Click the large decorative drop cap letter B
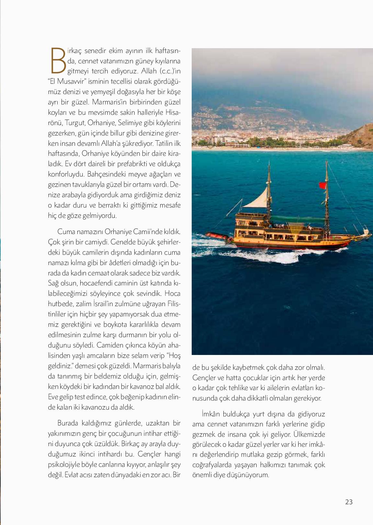(x=58, y=60)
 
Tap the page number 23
(x=349, y=502)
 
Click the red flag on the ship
(x=322, y=185)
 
